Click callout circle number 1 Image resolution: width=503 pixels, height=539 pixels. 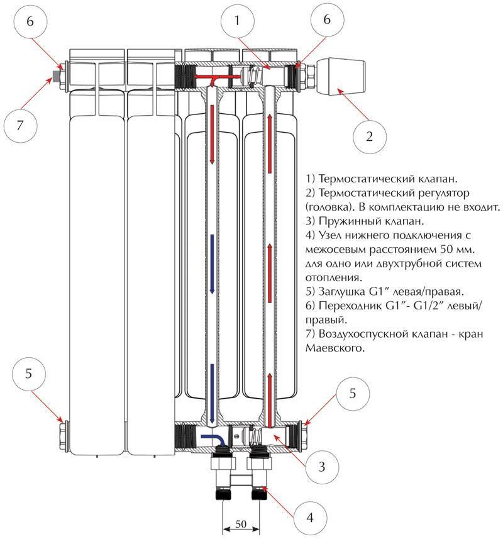237,21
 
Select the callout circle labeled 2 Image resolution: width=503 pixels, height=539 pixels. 370,135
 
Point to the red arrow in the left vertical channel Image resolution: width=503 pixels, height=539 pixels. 212,135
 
